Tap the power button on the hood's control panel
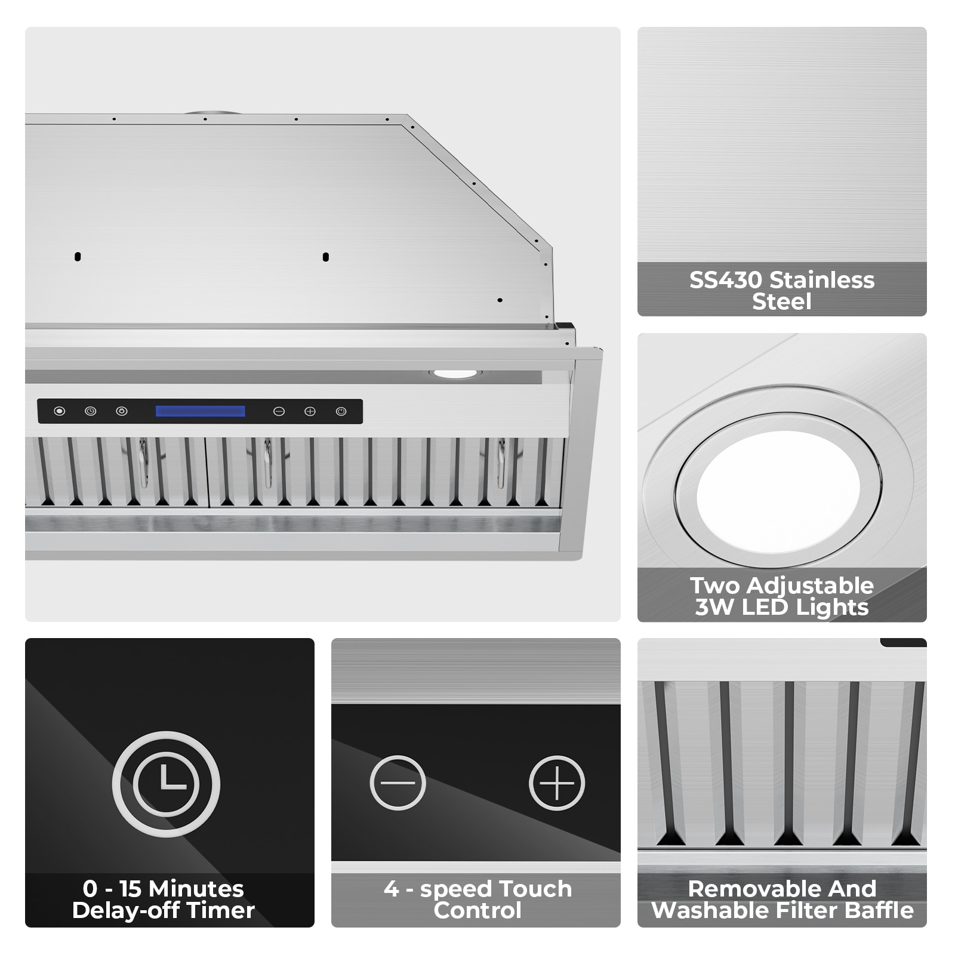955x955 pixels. [x=341, y=411]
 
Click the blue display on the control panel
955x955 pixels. [x=201, y=411]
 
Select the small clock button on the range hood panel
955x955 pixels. [x=90, y=411]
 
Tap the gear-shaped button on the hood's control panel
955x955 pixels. [x=122, y=411]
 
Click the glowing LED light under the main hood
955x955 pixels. [x=455, y=374]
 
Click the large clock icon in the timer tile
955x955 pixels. [x=166, y=784]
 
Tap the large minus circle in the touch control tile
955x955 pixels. [x=398, y=783]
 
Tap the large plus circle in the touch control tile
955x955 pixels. [x=557, y=783]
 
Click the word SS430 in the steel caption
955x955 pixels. [x=725, y=280]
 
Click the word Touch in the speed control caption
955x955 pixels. [x=534, y=889]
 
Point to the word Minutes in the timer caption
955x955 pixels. [x=196, y=889]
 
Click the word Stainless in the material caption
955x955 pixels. [x=821, y=280]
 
